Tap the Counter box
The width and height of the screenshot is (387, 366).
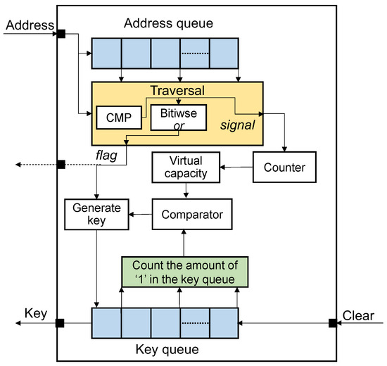pyautogui.click(x=285, y=168)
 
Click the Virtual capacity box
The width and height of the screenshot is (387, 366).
pyautogui.click(x=184, y=168)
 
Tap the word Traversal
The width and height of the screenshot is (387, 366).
pyautogui.click(x=177, y=91)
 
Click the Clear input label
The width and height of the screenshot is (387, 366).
pyautogui.click(x=359, y=315)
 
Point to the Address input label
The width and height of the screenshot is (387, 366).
pyautogui.click(x=28, y=26)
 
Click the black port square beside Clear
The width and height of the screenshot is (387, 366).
pyautogui.click(x=332, y=323)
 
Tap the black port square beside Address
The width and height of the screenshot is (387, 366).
pyautogui.click(x=61, y=34)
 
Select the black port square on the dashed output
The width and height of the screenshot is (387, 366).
pyautogui.click(x=61, y=165)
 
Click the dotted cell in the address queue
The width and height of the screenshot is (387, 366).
pyautogui.click(x=194, y=52)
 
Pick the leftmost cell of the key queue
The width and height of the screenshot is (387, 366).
pyautogui.click(x=107, y=323)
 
